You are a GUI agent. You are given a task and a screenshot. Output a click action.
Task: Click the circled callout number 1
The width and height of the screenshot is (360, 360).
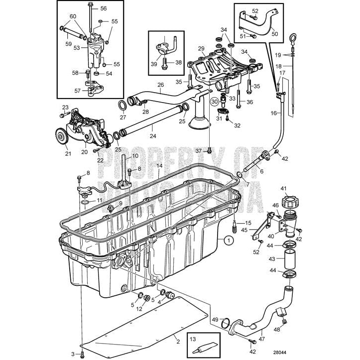(x=229, y=240)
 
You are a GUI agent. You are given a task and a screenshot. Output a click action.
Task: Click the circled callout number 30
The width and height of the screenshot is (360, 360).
(x=215, y=102)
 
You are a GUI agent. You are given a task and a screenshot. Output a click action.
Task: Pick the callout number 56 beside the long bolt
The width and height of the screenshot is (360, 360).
(x=104, y=8)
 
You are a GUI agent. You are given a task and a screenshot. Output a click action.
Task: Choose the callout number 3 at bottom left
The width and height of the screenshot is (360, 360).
(x=72, y=354)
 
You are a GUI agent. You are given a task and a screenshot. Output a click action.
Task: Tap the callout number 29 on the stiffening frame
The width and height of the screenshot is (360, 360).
(x=201, y=49)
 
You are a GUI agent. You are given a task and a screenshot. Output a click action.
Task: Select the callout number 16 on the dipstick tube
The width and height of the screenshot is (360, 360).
(x=273, y=114)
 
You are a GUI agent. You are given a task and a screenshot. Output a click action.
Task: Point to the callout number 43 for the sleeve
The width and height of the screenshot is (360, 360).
(x=271, y=259)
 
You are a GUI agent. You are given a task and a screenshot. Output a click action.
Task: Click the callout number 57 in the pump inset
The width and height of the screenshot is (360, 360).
(x=77, y=91)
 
